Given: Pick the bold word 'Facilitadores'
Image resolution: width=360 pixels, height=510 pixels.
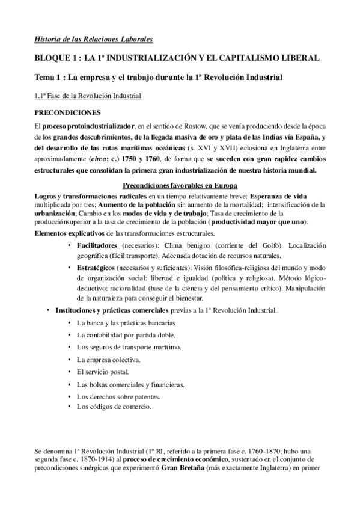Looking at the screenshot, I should tap(97, 247).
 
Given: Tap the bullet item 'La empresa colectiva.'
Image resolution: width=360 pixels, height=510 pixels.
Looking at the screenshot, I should tap(108, 360).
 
